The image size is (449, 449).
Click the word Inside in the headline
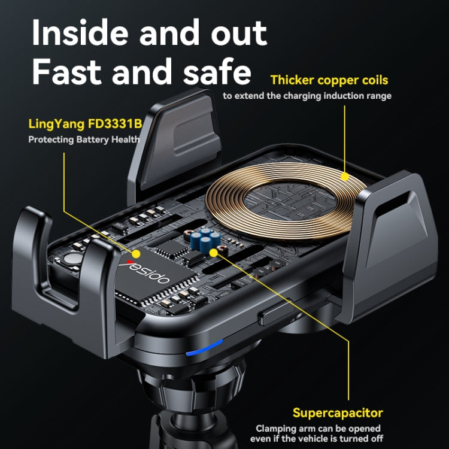point(80,32)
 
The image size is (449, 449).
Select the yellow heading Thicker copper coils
point(329,80)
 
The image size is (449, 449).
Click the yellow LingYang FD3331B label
point(86,124)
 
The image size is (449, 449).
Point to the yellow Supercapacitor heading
point(338,413)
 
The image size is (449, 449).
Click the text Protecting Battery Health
point(84,139)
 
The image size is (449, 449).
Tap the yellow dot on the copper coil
point(345,177)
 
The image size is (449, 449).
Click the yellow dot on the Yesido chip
point(136,254)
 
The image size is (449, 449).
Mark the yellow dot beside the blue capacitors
point(213,253)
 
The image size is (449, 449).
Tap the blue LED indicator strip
point(205,348)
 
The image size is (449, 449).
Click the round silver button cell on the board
point(72,258)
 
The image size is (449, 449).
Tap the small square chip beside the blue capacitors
point(172,249)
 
